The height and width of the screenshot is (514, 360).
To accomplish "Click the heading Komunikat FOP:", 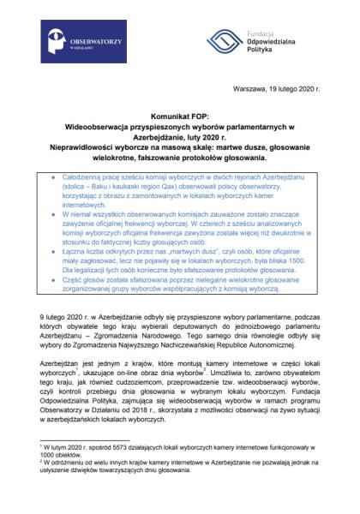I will [x=179, y=114].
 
